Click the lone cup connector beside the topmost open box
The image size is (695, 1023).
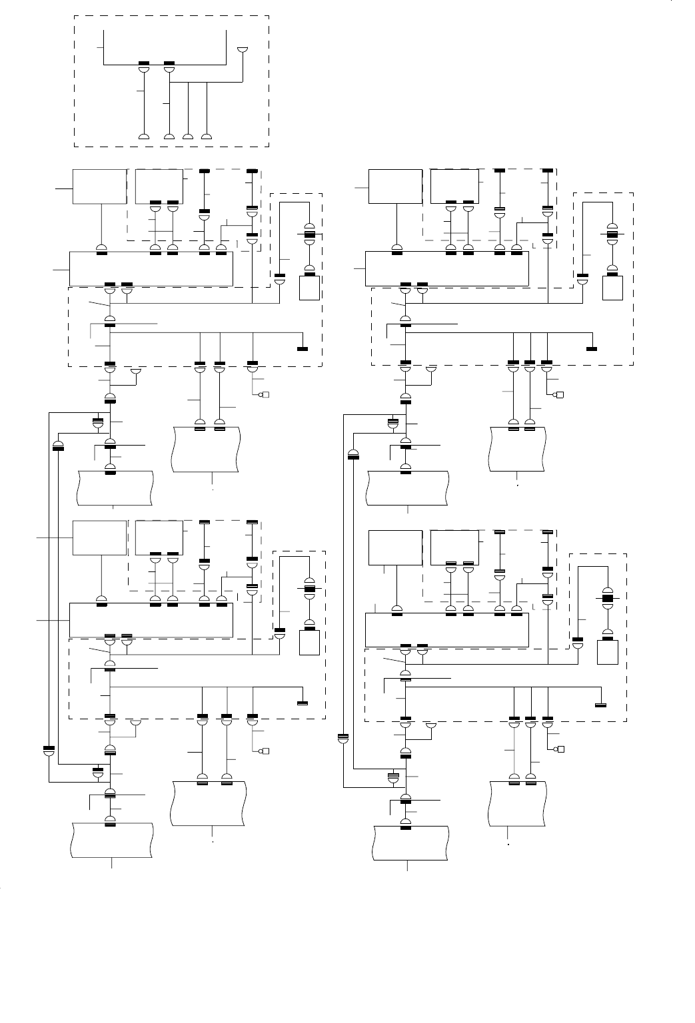click(243, 51)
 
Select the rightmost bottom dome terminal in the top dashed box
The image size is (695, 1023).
click(207, 137)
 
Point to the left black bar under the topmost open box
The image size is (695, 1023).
click(144, 65)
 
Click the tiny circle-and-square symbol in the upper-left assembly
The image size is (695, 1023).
click(264, 396)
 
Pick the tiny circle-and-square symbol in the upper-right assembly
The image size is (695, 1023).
click(559, 396)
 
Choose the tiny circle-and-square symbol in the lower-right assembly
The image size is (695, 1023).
click(559, 749)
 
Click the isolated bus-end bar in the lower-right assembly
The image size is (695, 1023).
click(600, 704)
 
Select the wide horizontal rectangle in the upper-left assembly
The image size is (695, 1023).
click(151, 269)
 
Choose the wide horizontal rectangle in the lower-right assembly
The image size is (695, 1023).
click(446, 629)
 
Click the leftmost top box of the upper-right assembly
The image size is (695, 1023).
click(395, 186)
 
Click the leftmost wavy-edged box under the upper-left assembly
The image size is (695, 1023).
click(115, 488)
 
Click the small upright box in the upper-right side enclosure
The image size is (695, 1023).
click(612, 287)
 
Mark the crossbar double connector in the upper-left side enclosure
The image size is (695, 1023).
click(309, 234)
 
